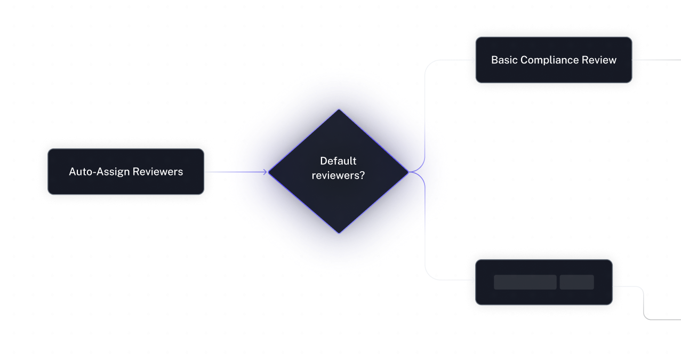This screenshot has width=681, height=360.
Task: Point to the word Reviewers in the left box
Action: [158, 172]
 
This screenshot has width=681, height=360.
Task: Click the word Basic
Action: [504, 60]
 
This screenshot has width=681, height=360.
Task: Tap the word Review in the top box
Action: [601, 60]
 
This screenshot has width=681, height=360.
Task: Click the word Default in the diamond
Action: [338, 161]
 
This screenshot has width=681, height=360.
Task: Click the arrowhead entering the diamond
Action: [264, 172]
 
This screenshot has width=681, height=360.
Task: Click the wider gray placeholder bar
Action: [525, 282]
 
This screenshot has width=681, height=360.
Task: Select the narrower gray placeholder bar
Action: [576, 282]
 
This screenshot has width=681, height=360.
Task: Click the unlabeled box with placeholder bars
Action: [544, 296]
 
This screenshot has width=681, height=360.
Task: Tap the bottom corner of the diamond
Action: [338, 233]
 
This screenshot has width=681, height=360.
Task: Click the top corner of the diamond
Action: [338, 110]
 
